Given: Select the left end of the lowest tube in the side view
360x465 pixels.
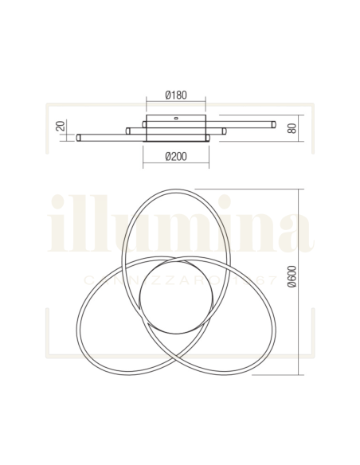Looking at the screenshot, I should point(79,138).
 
